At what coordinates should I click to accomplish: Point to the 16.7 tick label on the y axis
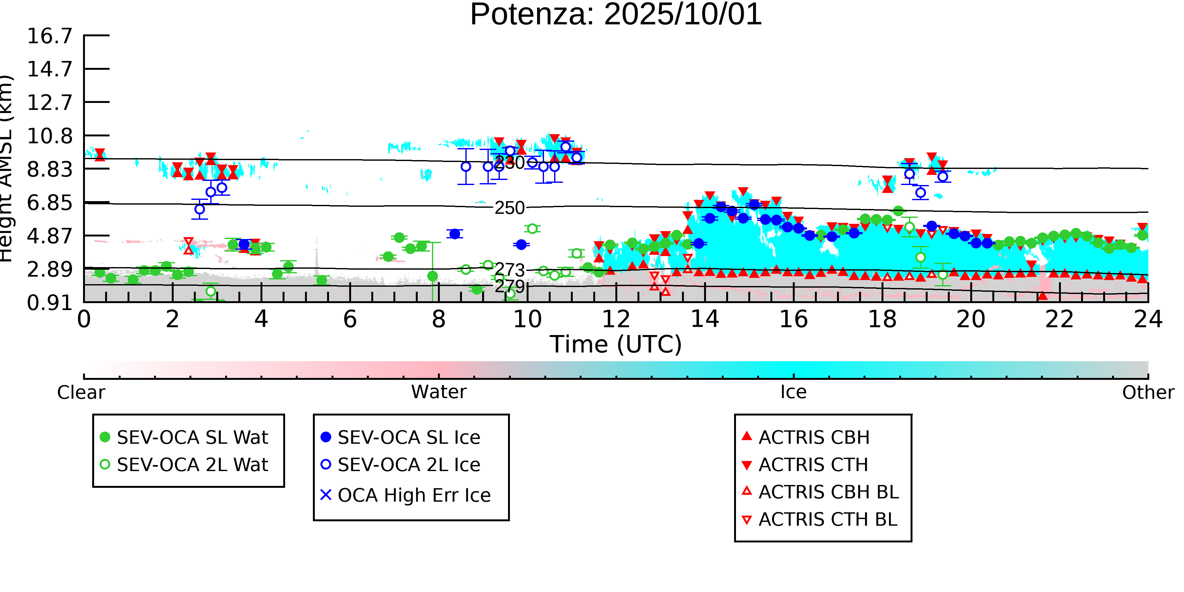50,36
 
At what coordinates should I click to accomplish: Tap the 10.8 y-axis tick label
50,136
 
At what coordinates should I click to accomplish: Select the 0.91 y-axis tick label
50,303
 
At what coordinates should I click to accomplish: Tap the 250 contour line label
509,208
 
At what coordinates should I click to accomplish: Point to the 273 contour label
509,270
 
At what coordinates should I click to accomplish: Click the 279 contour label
509,286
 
